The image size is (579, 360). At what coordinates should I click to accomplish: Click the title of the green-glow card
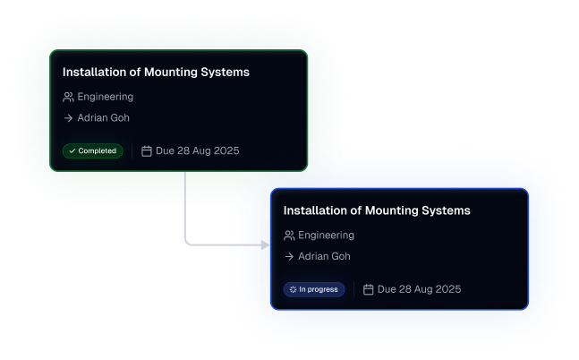(156, 72)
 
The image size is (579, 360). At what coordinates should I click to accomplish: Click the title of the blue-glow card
(377, 210)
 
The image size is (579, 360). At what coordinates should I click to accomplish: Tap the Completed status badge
(92, 150)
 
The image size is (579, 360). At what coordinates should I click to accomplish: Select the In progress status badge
(313, 289)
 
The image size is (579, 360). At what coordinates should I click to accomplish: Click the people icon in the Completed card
(68, 97)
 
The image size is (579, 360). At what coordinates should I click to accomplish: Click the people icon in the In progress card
(289, 236)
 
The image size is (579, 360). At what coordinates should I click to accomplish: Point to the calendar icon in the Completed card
(147, 150)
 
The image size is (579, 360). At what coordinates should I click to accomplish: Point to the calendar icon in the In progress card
(369, 289)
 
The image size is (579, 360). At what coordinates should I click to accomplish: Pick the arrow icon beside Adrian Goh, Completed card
(68, 117)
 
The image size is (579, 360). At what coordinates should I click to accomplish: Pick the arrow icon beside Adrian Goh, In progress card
(289, 256)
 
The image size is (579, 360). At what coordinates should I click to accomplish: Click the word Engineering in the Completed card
(106, 97)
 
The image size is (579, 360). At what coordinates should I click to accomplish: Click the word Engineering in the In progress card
(327, 236)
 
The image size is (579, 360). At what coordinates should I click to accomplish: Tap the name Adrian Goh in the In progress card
(325, 256)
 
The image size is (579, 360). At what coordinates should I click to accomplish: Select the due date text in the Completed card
(197, 150)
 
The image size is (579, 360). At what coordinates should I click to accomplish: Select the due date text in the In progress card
(419, 289)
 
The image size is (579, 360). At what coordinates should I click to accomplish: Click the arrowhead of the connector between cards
(265, 244)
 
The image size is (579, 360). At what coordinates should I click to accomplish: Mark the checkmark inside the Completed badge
(72, 150)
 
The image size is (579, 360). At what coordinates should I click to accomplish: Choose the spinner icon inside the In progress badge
(293, 289)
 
